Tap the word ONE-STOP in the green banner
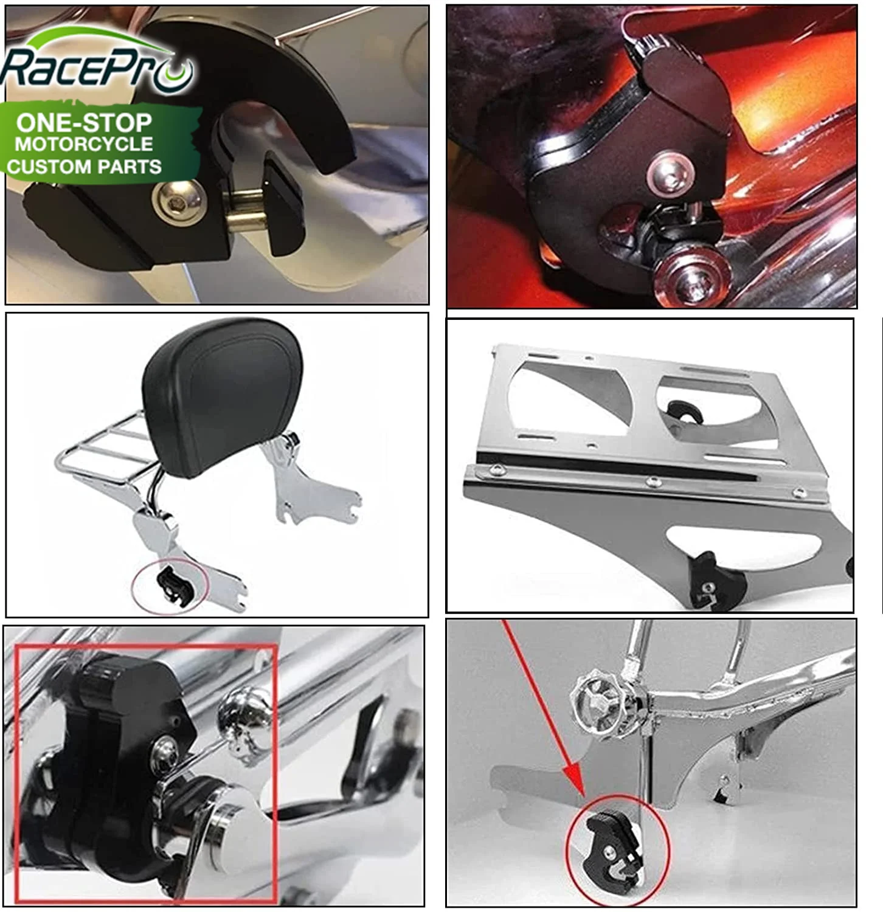coord(84,123)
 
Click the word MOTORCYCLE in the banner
coord(84,144)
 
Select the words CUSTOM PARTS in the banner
coord(84,166)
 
